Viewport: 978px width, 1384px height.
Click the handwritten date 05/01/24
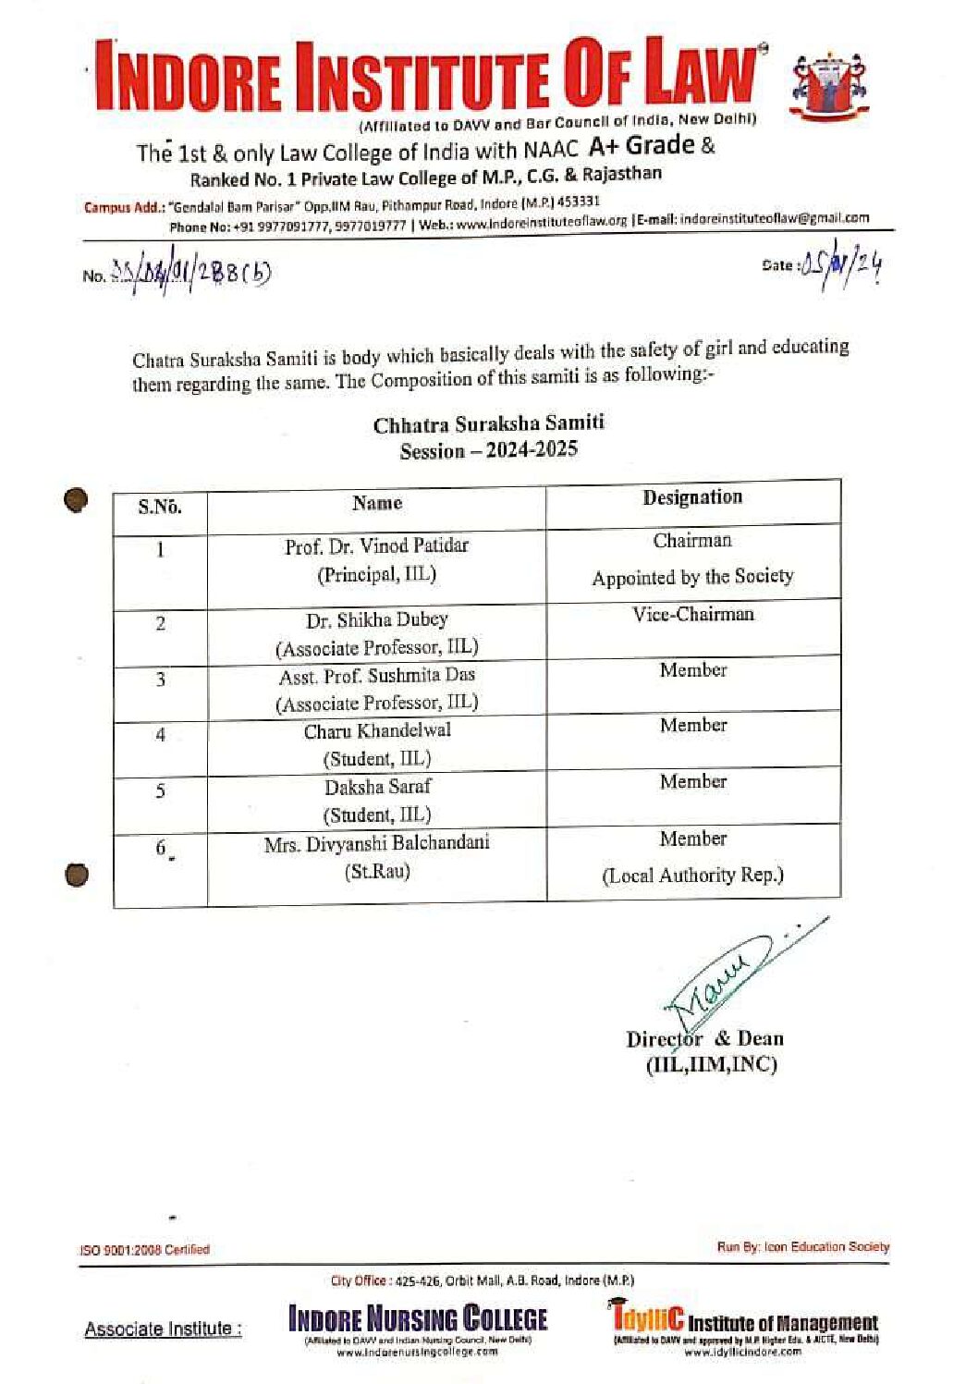pyautogui.click(x=841, y=266)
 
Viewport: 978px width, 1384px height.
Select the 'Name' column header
pyautogui.click(x=377, y=503)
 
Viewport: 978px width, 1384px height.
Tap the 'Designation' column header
pyautogui.click(x=692, y=497)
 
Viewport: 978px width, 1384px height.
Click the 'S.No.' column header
pyautogui.click(x=160, y=507)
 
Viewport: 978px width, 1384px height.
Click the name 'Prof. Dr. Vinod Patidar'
pyautogui.click(x=376, y=545)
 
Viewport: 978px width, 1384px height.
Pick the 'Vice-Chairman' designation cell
pyautogui.click(x=693, y=615)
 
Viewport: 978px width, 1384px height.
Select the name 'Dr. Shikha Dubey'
pyautogui.click(x=377, y=619)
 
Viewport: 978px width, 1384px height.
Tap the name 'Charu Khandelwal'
pyautogui.click(x=377, y=730)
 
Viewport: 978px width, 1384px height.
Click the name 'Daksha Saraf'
pyautogui.click(x=377, y=787)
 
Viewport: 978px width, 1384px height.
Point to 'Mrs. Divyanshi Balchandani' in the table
pyautogui.click(x=376, y=843)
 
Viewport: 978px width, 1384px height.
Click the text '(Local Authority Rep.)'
pyautogui.click(x=693, y=875)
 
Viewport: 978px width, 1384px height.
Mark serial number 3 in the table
pyautogui.click(x=161, y=680)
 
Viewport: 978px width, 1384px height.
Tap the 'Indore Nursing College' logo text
pyautogui.click(x=418, y=1319)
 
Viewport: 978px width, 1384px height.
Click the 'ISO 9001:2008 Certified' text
pyautogui.click(x=146, y=1250)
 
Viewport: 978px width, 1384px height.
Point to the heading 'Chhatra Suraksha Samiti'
pyautogui.click(x=488, y=424)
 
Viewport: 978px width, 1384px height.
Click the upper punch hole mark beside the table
pyautogui.click(x=77, y=500)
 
